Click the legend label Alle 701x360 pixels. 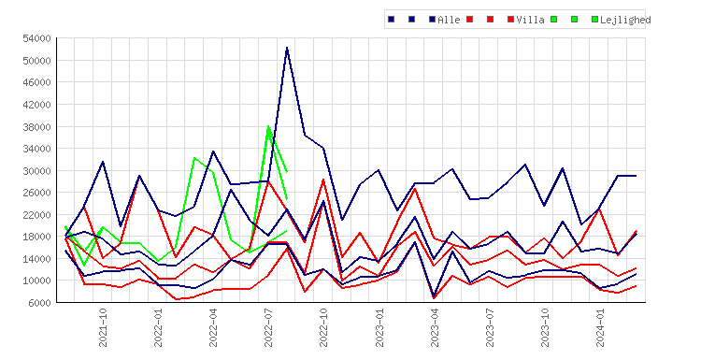point(449,20)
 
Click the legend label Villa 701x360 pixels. point(530,20)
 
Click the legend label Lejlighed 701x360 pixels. point(625,20)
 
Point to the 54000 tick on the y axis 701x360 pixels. point(36,38)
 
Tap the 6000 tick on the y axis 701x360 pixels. point(39,303)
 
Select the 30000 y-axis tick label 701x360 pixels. point(36,171)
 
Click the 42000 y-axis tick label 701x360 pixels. point(36,105)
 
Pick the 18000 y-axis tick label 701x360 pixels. point(36,237)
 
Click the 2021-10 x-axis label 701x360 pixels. point(103,327)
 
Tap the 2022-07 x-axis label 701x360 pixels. point(268,327)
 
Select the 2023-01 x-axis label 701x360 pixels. point(379,327)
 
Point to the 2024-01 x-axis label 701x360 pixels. point(600,327)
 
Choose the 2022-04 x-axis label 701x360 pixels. point(213,327)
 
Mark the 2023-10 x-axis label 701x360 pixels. point(545,327)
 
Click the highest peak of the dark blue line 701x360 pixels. point(287,48)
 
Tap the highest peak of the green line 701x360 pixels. point(268,126)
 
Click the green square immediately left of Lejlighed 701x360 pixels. point(594,20)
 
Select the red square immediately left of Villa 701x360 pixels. point(511,20)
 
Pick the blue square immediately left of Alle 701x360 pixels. point(433,20)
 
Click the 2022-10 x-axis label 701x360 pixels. point(323,327)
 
